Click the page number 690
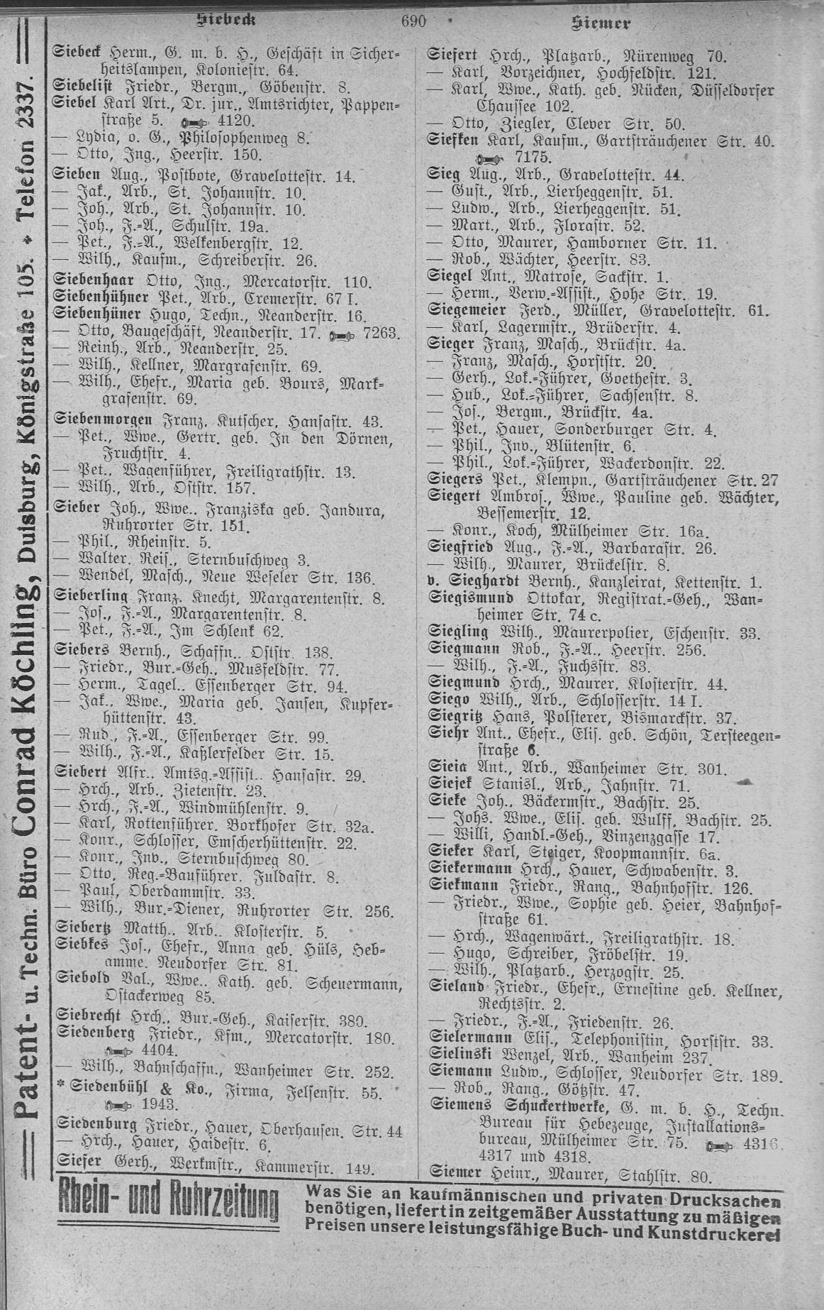point(413,21)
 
